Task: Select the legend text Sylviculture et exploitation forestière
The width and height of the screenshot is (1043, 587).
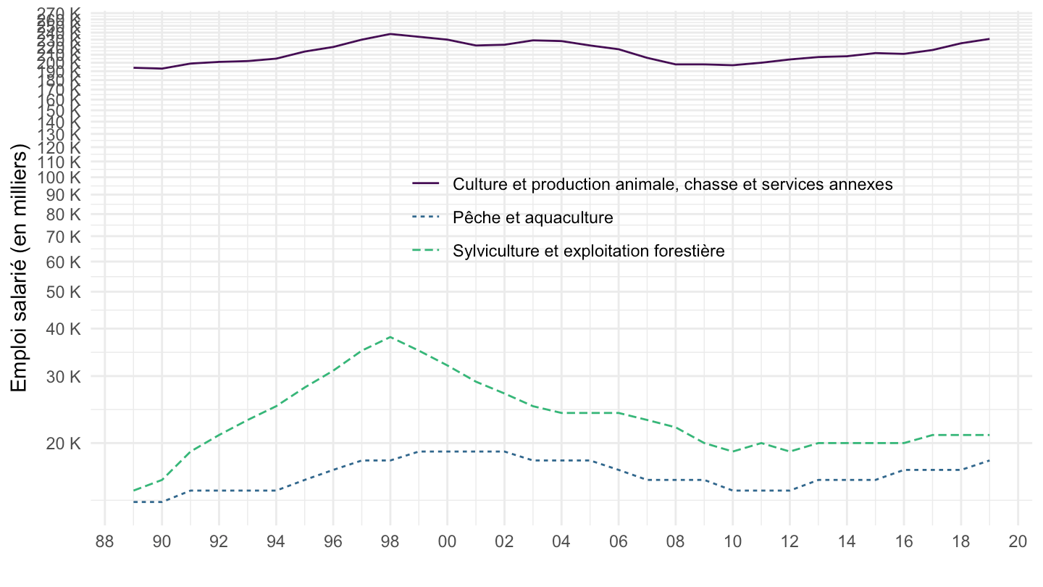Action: coord(589,251)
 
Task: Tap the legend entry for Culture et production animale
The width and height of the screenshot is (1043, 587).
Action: coord(672,184)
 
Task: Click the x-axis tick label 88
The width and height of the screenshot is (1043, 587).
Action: coord(105,541)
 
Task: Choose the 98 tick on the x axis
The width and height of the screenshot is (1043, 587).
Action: coord(390,541)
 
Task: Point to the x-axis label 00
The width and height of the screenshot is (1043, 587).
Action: coord(447,541)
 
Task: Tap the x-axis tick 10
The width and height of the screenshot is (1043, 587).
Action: coord(732,541)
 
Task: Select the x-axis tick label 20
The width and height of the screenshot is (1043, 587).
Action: coord(1018,541)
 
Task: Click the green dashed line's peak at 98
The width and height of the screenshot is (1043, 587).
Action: coord(390,337)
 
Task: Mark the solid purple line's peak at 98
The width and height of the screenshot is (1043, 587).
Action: coord(390,34)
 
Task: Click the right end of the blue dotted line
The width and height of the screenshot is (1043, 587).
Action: coord(989,460)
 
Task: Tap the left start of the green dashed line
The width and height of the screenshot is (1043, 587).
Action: coord(134,491)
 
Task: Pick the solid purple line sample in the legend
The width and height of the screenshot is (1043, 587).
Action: coord(427,184)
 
